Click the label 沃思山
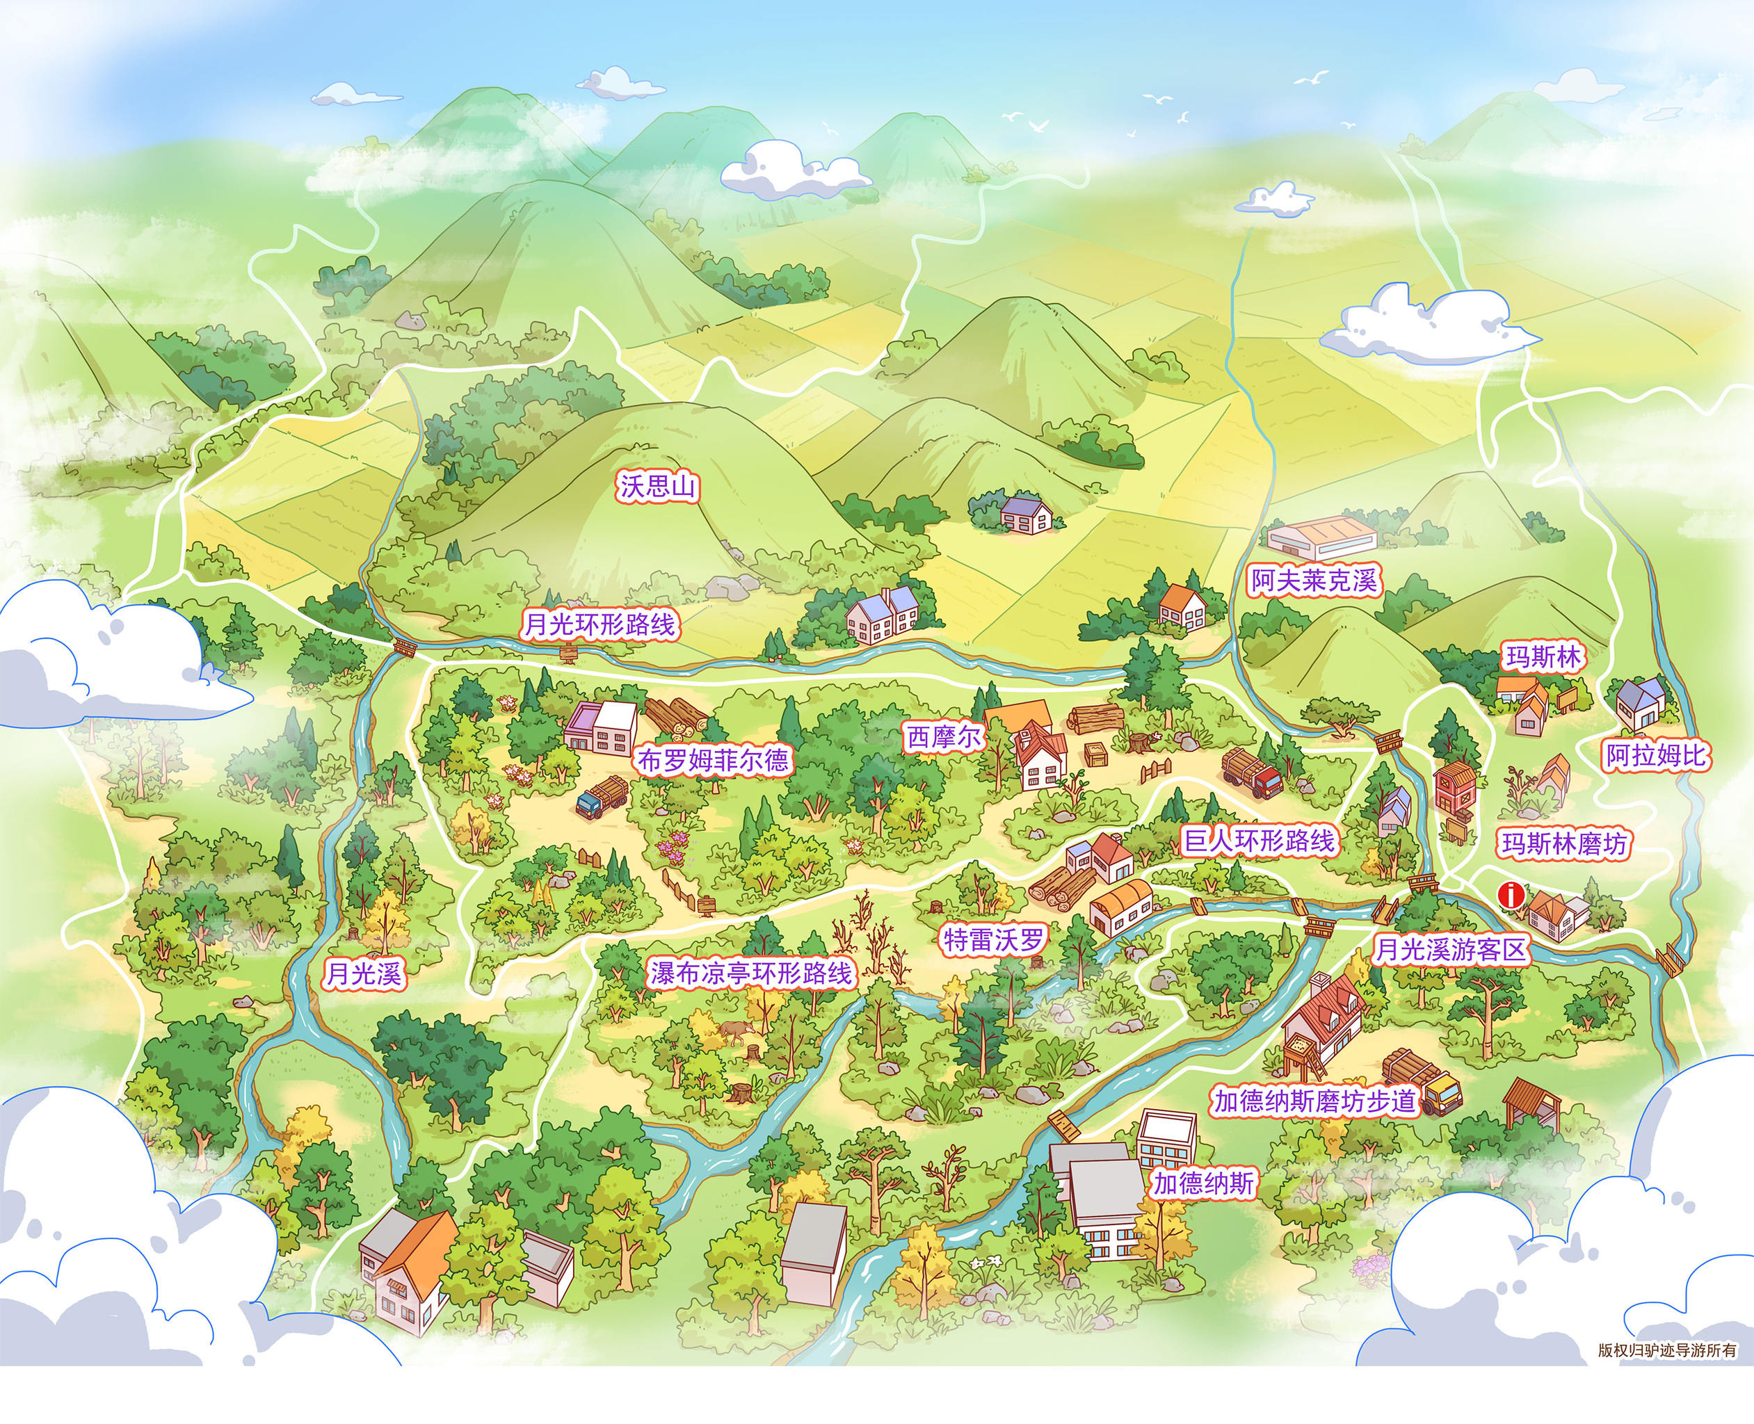(x=658, y=487)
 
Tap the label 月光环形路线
(x=599, y=625)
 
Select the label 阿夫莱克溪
(x=1314, y=580)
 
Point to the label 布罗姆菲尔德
(x=713, y=761)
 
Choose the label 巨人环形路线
(x=1260, y=841)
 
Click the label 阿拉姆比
(x=1655, y=756)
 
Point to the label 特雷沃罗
(x=994, y=940)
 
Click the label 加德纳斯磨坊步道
(x=1316, y=1101)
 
